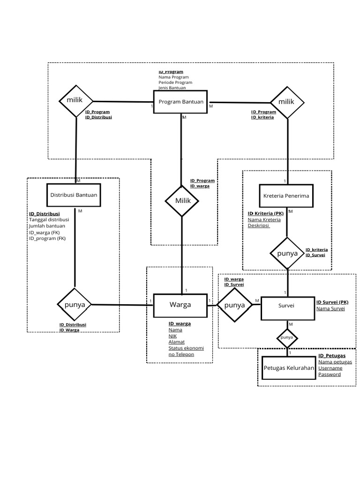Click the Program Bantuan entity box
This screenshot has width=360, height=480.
(x=181, y=102)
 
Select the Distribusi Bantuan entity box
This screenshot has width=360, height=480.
(x=74, y=195)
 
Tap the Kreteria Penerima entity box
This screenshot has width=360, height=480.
(x=286, y=196)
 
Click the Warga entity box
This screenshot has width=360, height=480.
(x=180, y=305)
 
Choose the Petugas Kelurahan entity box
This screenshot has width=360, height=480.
(x=288, y=368)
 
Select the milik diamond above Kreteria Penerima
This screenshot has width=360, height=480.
(x=287, y=102)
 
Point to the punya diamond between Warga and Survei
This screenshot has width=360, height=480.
(x=234, y=306)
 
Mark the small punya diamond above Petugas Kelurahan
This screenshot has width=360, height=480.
(x=287, y=337)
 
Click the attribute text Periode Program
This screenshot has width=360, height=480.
(x=175, y=82)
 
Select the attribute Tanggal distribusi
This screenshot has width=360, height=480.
(x=49, y=220)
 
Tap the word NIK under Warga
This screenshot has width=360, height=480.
(x=173, y=336)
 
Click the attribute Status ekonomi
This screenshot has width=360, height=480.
(x=186, y=348)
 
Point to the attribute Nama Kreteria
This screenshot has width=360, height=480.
(x=264, y=219)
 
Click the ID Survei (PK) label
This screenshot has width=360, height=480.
(x=332, y=302)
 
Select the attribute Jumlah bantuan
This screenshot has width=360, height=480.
(x=47, y=226)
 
